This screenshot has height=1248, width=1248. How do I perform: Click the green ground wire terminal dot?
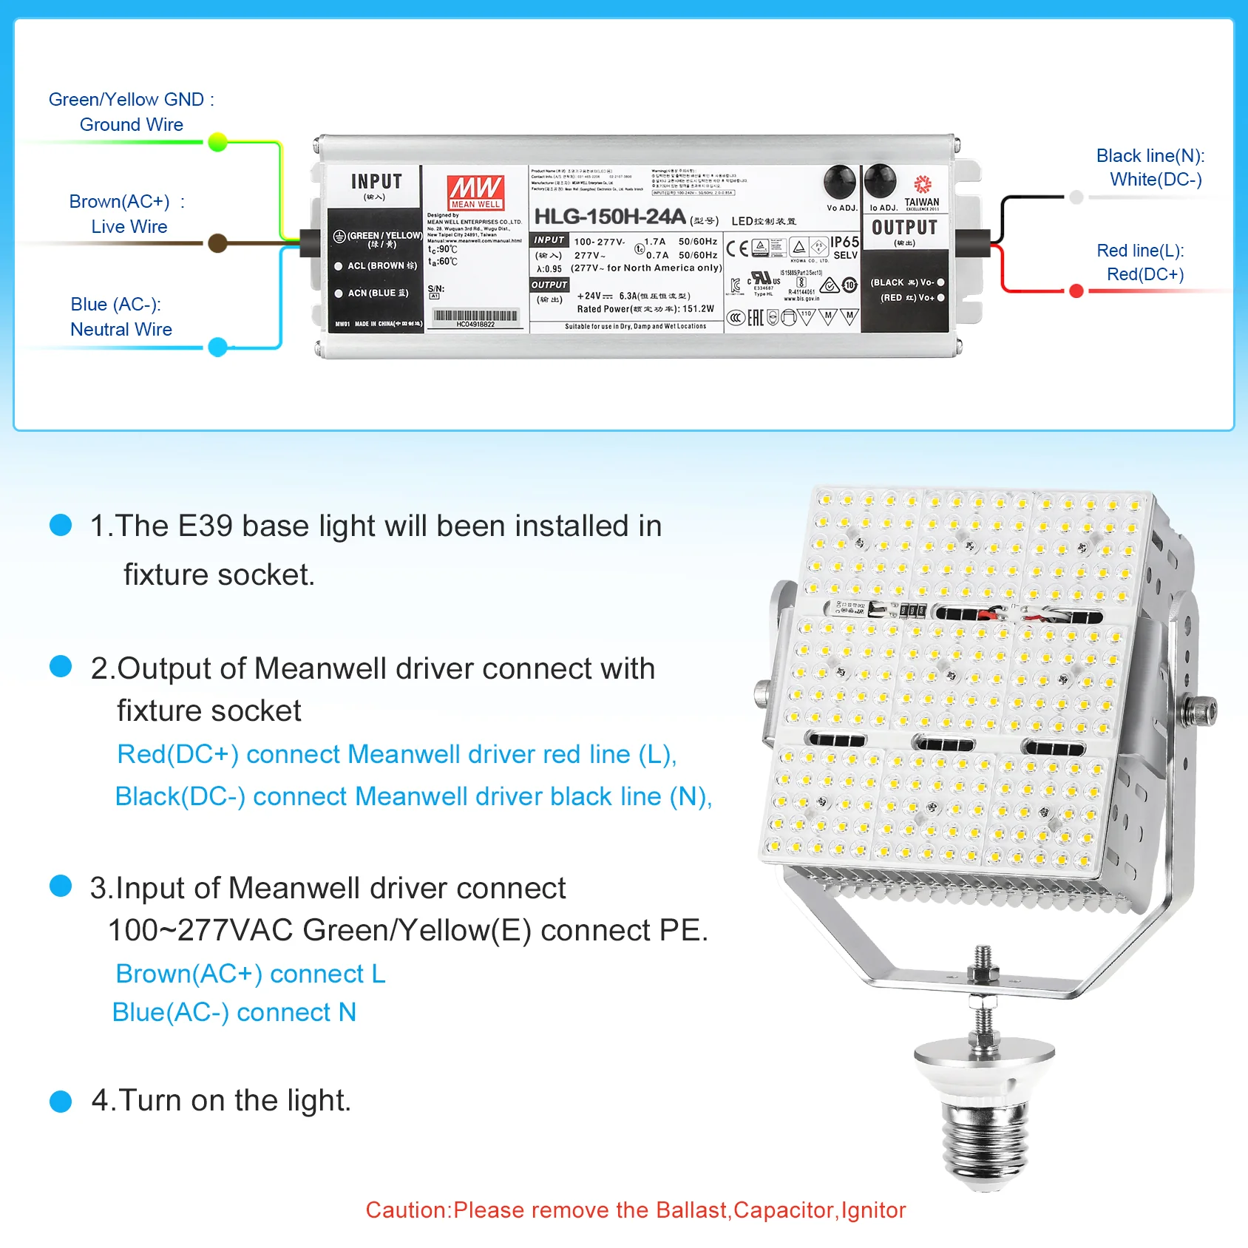(x=217, y=142)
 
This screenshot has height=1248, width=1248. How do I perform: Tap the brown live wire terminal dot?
(x=217, y=243)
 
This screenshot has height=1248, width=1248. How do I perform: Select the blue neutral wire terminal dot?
(x=217, y=347)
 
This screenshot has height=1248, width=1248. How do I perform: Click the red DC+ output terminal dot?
(x=1076, y=291)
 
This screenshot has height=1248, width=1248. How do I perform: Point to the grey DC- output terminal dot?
(x=1076, y=197)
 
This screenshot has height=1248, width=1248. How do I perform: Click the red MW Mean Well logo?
(x=475, y=191)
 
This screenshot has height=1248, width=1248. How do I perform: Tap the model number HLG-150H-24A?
(x=609, y=217)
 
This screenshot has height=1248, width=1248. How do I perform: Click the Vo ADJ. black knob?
(x=840, y=181)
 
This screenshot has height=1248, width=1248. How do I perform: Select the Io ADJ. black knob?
(x=880, y=181)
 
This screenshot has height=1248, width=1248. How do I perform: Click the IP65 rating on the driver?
(x=844, y=243)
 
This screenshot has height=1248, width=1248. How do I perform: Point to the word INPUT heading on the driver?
(x=376, y=182)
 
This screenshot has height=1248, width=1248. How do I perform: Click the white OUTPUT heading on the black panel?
(x=904, y=228)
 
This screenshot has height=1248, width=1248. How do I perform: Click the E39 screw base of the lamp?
(x=983, y=1142)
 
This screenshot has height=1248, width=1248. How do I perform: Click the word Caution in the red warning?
(x=407, y=1210)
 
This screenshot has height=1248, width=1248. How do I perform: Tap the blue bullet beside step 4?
(x=61, y=1101)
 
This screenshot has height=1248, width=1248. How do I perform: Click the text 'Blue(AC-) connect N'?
(x=234, y=1012)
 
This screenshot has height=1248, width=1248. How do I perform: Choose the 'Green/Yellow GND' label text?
(x=126, y=100)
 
